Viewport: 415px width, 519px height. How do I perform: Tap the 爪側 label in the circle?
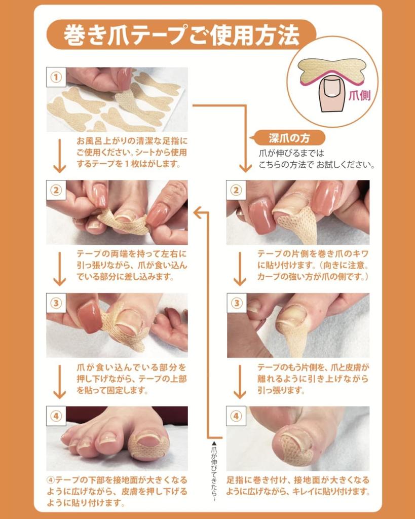(359, 95)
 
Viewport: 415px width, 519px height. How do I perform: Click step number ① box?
(57, 78)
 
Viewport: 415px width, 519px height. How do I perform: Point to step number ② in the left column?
(57, 190)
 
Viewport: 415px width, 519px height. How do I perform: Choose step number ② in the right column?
(236, 190)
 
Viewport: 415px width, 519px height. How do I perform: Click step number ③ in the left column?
(57, 303)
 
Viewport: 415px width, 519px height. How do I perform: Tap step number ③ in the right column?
(236, 303)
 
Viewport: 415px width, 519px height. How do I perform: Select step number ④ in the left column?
(57, 416)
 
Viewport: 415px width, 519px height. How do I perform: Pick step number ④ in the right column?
(236, 416)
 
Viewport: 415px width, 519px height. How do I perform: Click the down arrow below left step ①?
(60, 155)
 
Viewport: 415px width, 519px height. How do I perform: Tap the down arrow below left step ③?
(60, 381)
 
